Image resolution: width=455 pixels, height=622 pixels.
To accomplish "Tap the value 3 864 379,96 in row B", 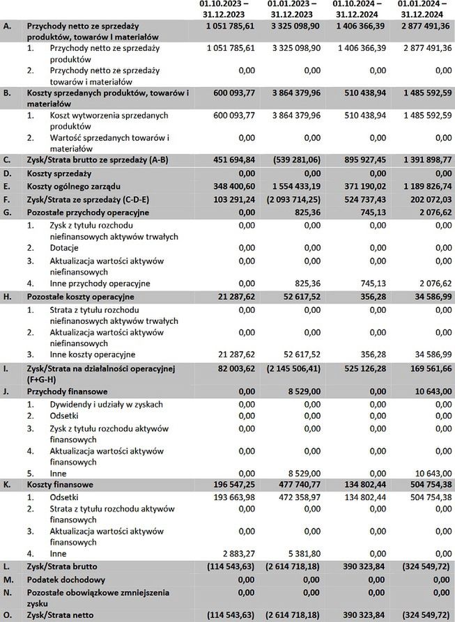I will (293, 93).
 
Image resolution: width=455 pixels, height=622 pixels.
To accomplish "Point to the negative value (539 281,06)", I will (294, 160).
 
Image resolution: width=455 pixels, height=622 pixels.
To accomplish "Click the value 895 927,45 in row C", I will (359, 160).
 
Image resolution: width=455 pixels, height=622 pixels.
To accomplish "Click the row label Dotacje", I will (64, 248).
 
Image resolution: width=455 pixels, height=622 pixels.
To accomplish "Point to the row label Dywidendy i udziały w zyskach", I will (106, 404).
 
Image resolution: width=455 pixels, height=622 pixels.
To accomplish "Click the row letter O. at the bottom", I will (8, 616).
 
